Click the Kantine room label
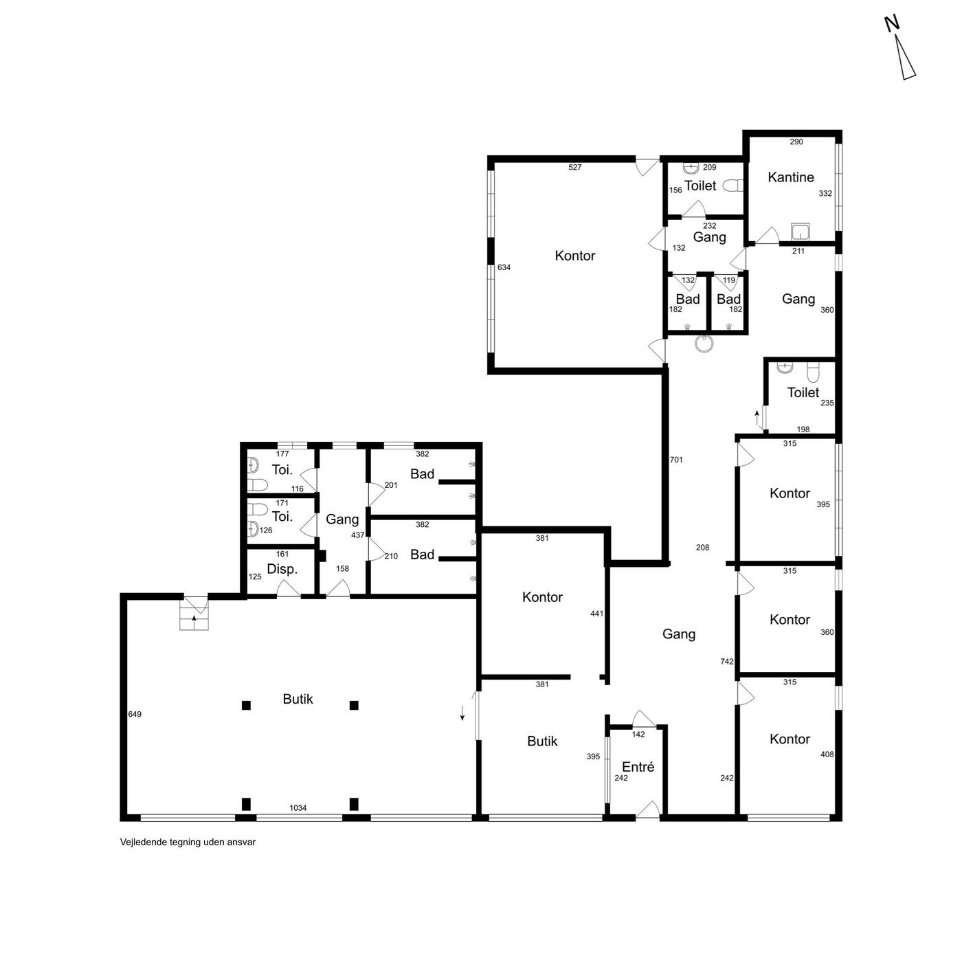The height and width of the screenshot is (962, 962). [x=790, y=177]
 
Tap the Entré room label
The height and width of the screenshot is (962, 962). [x=638, y=767]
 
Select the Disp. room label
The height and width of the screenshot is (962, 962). [x=282, y=569]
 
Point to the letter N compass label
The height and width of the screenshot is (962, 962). [x=892, y=24]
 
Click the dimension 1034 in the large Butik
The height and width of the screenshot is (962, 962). [x=298, y=808]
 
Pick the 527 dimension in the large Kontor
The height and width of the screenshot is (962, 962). [x=574, y=167]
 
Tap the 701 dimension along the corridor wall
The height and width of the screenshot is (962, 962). [x=676, y=460]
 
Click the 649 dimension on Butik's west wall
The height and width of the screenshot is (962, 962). [x=135, y=715]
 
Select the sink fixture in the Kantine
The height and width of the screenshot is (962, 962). [x=801, y=232]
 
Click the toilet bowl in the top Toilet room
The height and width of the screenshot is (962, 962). [x=733, y=186]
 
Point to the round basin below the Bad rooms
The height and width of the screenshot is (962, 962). [x=704, y=344]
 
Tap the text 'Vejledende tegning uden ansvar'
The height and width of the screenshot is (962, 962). [x=188, y=842]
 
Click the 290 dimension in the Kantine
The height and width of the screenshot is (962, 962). [x=796, y=142]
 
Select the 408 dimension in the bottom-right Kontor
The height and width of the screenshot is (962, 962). [x=827, y=754]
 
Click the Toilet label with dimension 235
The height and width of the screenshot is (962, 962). [x=803, y=392]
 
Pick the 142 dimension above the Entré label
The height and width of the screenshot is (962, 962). [x=638, y=735]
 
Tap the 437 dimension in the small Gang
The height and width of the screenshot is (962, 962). [x=358, y=535]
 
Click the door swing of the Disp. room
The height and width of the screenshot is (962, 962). [x=289, y=589]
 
